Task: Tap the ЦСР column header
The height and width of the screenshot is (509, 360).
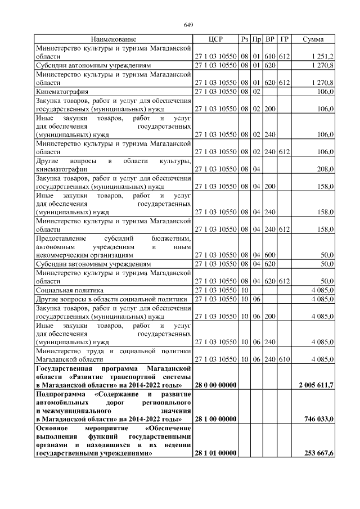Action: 215,39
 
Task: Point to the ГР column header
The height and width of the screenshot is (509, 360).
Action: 284,39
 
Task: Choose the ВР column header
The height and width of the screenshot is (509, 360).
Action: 271,39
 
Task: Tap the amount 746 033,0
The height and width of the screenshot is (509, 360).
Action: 320,420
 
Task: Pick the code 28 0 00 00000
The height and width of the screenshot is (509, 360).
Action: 215,385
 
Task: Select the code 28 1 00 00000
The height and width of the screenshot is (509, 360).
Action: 215,420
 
